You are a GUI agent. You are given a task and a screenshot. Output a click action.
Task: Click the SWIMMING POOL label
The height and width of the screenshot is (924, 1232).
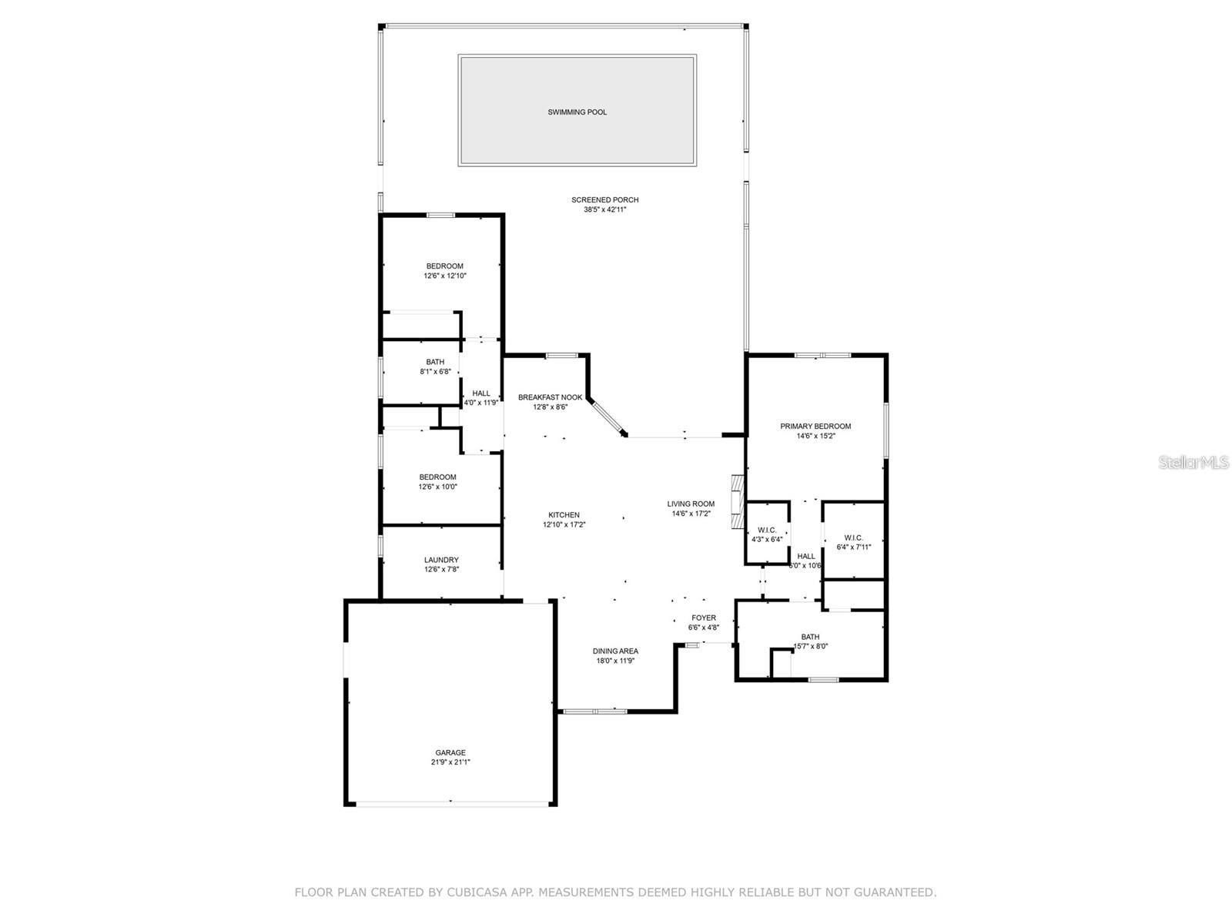point(577,112)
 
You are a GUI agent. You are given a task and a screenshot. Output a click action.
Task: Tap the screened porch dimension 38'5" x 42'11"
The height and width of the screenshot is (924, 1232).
point(604,209)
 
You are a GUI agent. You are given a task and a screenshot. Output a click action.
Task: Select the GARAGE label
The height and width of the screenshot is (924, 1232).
point(450,752)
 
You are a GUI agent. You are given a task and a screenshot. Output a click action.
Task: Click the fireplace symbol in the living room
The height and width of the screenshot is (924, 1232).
point(738,502)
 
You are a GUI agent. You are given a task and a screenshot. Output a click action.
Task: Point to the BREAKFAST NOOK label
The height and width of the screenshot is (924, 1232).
point(550,397)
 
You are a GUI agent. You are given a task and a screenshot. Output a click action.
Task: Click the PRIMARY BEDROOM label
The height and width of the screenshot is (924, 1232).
point(815,426)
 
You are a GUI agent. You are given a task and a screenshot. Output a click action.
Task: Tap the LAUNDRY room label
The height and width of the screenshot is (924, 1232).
point(441,560)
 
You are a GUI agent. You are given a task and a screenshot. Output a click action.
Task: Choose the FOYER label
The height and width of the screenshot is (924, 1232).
point(703,618)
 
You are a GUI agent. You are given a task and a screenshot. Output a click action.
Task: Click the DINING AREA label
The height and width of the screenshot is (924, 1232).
point(615,651)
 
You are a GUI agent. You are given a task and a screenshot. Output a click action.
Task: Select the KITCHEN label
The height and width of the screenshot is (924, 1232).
point(564,515)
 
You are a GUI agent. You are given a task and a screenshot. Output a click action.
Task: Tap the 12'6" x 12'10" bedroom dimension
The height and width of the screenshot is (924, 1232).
point(445,276)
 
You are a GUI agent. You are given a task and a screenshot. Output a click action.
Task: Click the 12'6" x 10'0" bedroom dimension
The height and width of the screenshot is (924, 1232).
point(437,487)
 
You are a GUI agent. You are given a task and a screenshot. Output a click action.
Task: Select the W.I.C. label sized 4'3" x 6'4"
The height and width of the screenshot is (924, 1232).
point(767,530)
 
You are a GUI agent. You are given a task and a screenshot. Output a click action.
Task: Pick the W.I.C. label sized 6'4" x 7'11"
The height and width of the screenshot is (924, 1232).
point(853,537)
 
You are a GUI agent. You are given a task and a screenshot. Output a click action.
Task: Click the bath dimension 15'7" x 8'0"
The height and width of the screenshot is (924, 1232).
point(810,647)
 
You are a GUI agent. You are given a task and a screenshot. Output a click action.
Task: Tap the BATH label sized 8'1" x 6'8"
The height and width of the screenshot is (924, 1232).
point(435,362)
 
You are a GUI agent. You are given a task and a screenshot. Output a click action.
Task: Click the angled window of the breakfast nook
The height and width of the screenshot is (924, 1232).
point(608,418)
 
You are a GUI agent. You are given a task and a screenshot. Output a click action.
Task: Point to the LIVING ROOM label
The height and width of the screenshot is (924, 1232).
point(691,504)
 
